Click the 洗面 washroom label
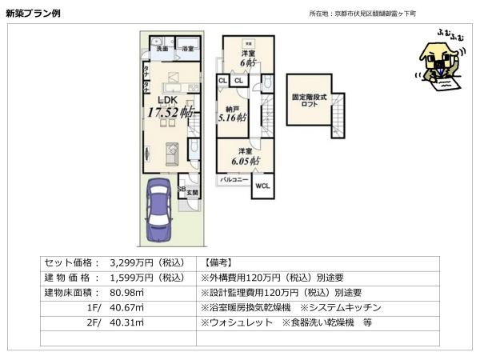point(162,50)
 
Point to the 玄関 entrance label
point(192,192)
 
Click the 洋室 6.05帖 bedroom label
point(243,156)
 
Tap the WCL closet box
point(262,186)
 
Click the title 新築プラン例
point(30,14)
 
